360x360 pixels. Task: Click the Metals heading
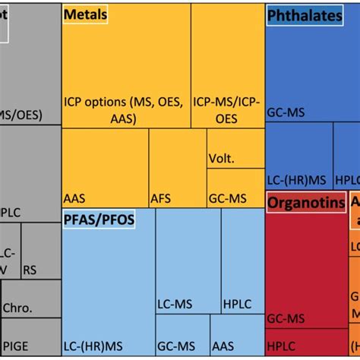click(86, 14)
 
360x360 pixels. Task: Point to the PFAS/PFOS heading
click(100, 220)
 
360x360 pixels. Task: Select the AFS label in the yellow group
click(160, 197)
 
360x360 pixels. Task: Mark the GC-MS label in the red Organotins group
click(286, 319)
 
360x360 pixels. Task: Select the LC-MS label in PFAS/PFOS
click(175, 304)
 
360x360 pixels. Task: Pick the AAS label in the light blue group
click(223, 346)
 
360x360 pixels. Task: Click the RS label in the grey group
click(30, 269)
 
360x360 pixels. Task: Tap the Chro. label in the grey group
click(17, 309)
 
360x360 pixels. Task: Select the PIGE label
click(17, 346)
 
